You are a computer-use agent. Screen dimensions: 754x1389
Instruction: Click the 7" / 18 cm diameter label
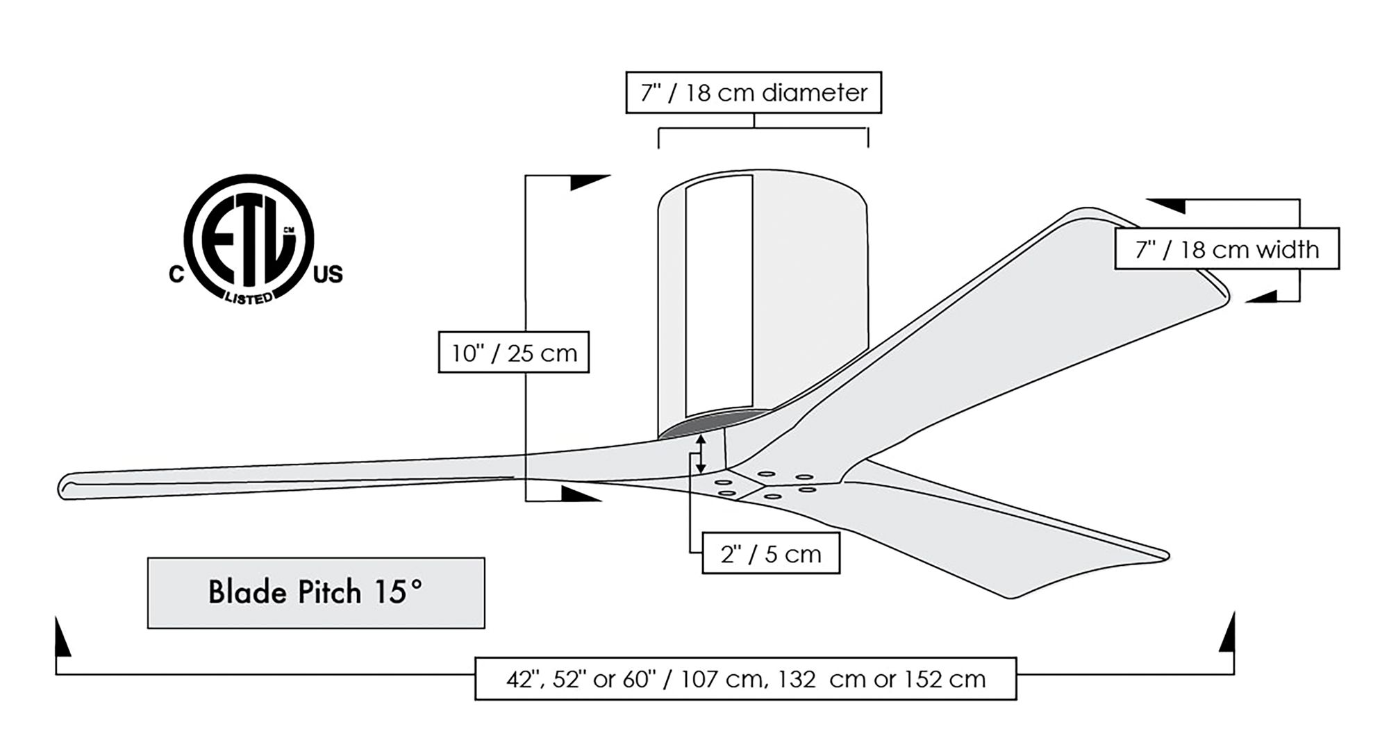point(754,92)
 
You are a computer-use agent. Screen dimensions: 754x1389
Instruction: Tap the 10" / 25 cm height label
point(514,353)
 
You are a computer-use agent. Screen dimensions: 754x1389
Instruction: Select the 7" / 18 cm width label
point(1226,249)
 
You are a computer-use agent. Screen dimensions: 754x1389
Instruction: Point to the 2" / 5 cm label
point(771,554)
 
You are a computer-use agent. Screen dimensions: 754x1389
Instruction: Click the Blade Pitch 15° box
point(316,593)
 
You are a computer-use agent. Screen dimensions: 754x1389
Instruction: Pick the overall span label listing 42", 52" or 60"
point(745,678)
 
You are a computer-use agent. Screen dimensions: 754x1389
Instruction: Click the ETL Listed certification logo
point(249,240)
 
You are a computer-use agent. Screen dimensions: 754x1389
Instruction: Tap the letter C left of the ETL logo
point(176,276)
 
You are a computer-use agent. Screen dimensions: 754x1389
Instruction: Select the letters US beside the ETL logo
point(328,276)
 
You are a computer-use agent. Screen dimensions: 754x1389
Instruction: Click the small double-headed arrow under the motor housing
point(701,455)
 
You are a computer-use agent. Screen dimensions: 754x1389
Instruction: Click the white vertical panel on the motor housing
point(719,295)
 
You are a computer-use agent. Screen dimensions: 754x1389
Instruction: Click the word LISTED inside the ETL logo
point(248,298)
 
